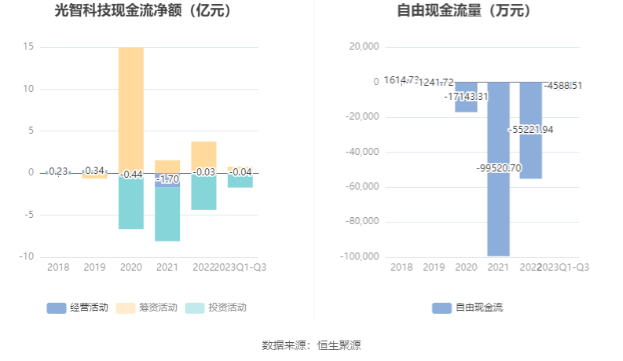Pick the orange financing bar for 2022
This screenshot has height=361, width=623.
pyautogui.click(x=203, y=156)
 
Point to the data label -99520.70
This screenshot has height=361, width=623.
pyautogui.click(x=498, y=168)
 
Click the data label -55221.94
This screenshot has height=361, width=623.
pyautogui.click(x=531, y=129)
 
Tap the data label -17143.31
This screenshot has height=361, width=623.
pyautogui.click(x=466, y=96)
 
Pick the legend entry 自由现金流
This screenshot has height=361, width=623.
pyautogui.click(x=469, y=308)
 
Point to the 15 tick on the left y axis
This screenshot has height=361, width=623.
pyautogui.click(x=28, y=47)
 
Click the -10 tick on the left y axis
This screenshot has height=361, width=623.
pyautogui.click(x=26, y=256)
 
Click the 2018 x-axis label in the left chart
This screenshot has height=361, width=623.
pyautogui.click(x=58, y=267)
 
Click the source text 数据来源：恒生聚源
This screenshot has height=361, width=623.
pyautogui.click(x=311, y=345)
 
